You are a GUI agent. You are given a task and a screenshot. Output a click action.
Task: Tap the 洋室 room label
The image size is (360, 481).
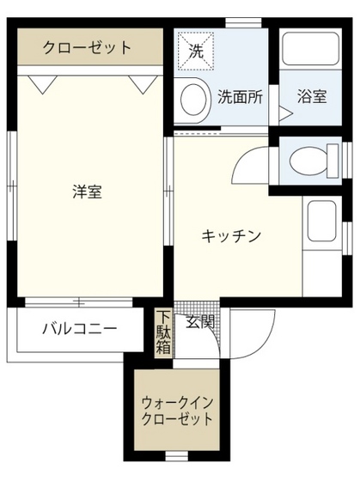point(87,192)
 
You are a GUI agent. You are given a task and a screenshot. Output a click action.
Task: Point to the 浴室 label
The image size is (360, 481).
point(312,96)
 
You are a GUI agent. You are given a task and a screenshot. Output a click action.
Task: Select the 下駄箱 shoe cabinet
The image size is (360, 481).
point(163,333)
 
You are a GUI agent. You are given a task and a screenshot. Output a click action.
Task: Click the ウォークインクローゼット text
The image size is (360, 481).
point(178,411)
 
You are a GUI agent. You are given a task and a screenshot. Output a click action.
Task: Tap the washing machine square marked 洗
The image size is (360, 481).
point(196,51)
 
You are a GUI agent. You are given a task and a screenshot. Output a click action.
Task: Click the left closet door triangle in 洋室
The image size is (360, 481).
point(40,83)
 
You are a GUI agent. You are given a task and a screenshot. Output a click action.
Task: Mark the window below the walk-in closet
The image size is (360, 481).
point(176,454)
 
